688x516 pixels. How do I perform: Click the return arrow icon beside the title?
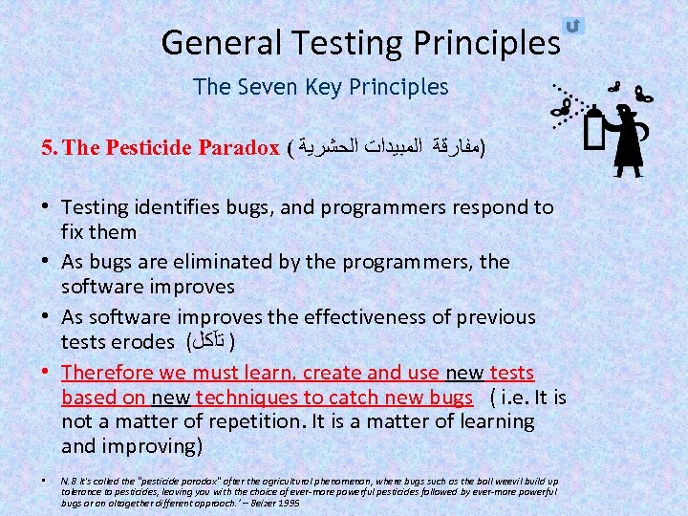click(x=573, y=26)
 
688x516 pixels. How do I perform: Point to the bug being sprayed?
click(x=558, y=107)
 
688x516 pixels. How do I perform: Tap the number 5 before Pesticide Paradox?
click(x=47, y=148)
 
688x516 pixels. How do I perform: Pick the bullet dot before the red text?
click(x=47, y=373)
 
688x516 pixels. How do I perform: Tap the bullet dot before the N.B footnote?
click(x=46, y=480)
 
